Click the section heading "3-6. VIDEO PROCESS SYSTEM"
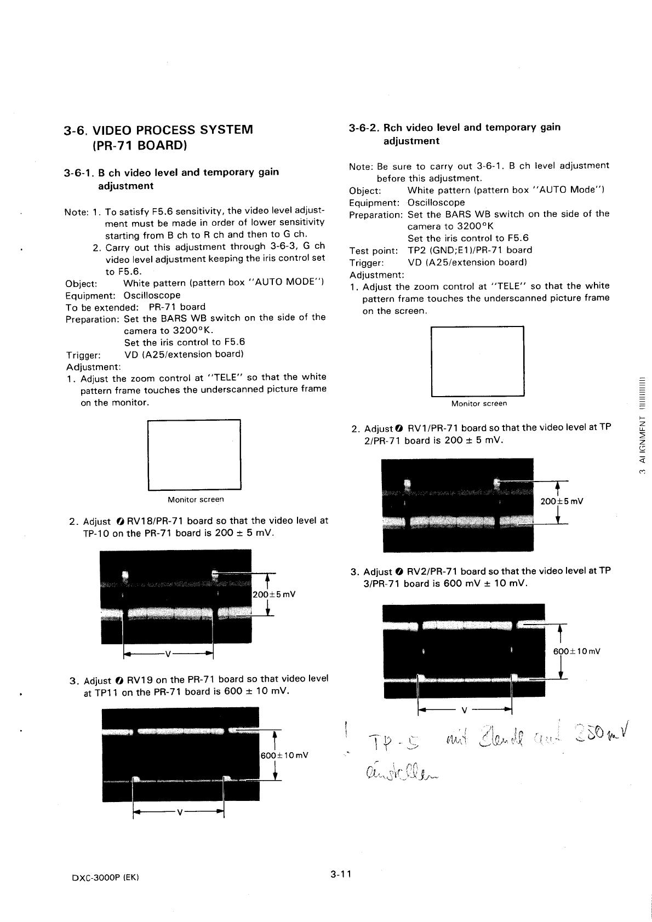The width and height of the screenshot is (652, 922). pos(158,131)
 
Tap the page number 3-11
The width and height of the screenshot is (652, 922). pos(340,874)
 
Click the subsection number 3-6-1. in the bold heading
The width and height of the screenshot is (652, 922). pos(80,173)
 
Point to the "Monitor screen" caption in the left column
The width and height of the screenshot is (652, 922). pos(196,500)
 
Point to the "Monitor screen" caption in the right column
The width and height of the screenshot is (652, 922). pos(479,404)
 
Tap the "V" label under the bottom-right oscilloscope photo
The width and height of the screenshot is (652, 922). pos(464,711)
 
